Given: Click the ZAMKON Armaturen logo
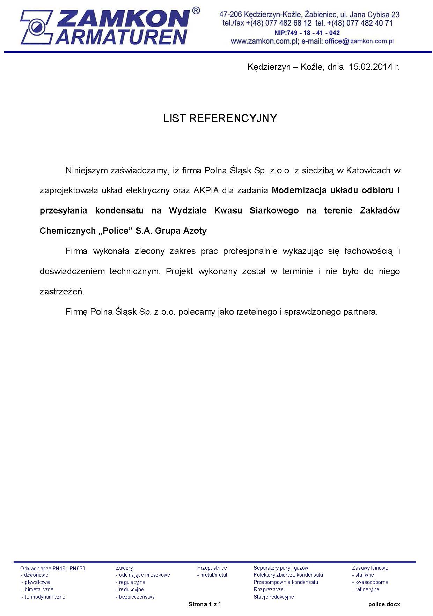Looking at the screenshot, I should click(x=105, y=27).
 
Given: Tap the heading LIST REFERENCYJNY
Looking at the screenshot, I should click(x=220, y=118).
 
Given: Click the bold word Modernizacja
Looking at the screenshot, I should click(x=299, y=190).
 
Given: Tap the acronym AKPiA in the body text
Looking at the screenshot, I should click(x=207, y=190).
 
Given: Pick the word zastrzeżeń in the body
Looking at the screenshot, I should click(x=62, y=292).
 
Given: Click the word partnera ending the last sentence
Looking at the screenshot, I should click(x=361, y=311).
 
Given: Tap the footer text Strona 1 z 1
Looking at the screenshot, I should click(x=205, y=604).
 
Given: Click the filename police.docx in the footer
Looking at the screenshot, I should click(x=384, y=604).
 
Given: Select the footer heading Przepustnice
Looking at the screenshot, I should click(x=212, y=568).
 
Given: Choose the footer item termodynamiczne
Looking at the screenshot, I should click(x=45, y=597).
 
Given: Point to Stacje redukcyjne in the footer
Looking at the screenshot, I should click(x=274, y=597).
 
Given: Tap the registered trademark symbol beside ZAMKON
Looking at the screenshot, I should click(x=196, y=11).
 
